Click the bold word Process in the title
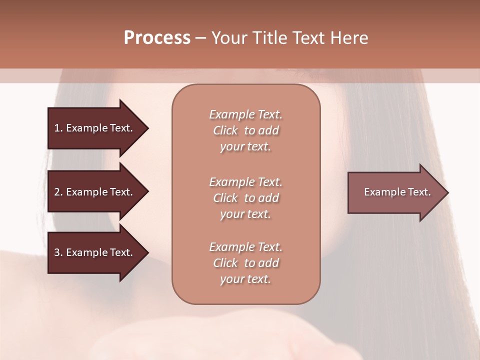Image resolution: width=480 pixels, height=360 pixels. coord(157,38)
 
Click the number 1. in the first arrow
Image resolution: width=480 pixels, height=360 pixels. coord(58,128)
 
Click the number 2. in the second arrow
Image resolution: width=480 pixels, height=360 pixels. coord(58,192)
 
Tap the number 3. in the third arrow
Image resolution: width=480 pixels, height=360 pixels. coord(58,252)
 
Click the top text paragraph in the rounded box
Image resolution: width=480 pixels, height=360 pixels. coord(245,130)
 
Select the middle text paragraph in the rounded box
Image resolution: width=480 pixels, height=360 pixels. coord(245,198)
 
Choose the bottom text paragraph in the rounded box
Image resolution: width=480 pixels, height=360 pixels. coord(245,263)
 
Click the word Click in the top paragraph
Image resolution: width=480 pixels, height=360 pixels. coord(225,130)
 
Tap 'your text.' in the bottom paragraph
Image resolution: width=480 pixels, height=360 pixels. coord(245,279)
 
